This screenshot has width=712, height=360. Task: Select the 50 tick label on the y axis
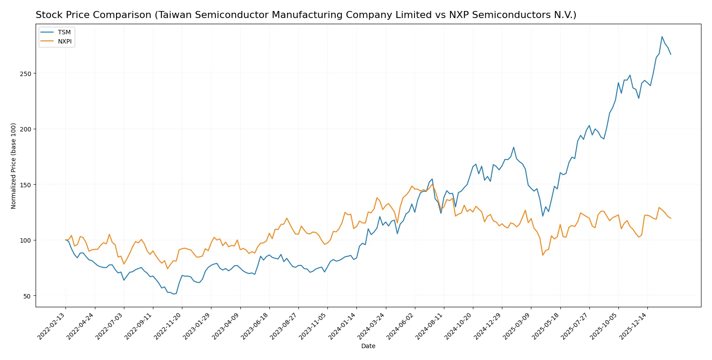[27, 296]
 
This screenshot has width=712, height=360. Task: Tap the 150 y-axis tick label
[25, 185]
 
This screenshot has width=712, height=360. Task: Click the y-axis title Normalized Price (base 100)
[14, 166]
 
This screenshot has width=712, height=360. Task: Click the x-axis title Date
[368, 346]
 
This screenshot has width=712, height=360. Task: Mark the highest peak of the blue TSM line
[662, 37]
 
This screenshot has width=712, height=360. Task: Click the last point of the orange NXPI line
[671, 218]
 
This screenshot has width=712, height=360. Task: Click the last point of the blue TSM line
[671, 54]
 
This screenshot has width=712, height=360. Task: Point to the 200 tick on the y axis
[25, 129]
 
